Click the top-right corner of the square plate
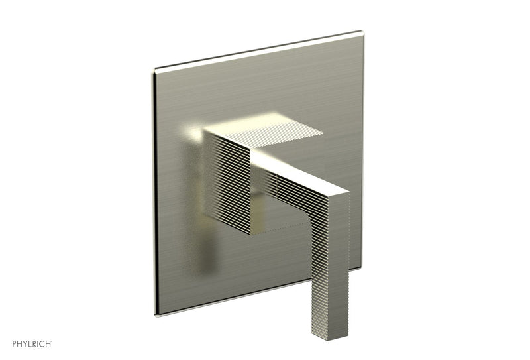click(x=362, y=32)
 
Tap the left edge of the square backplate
click(x=156, y=192)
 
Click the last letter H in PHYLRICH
click(x=50, y=345)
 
